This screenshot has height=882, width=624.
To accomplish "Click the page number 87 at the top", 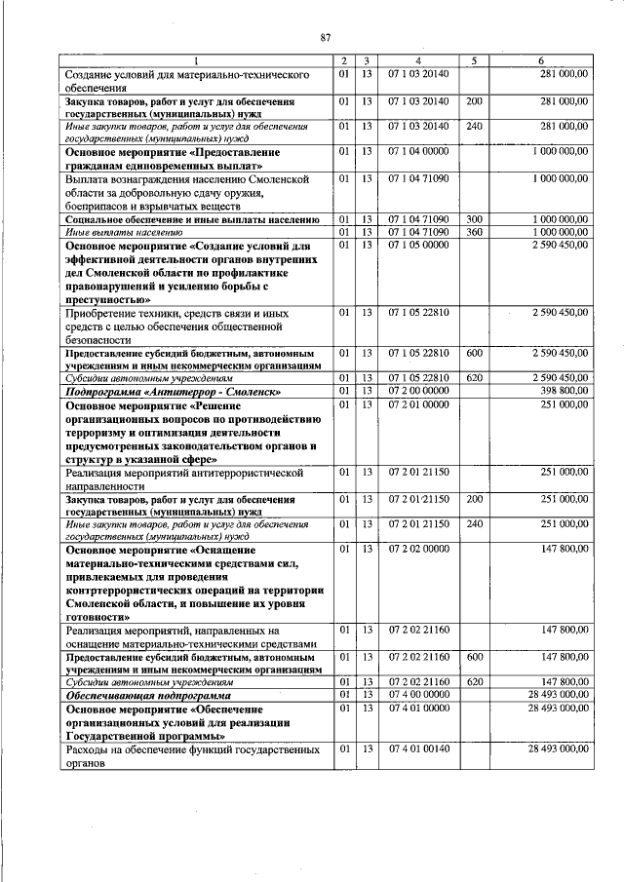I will pyautogui.click(x=327, y=37).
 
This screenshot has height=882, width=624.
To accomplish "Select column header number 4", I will pyautogui.click(x=417, y=61).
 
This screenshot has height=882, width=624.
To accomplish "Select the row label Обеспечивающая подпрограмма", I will pyautogui.click(x=147, y=697).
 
